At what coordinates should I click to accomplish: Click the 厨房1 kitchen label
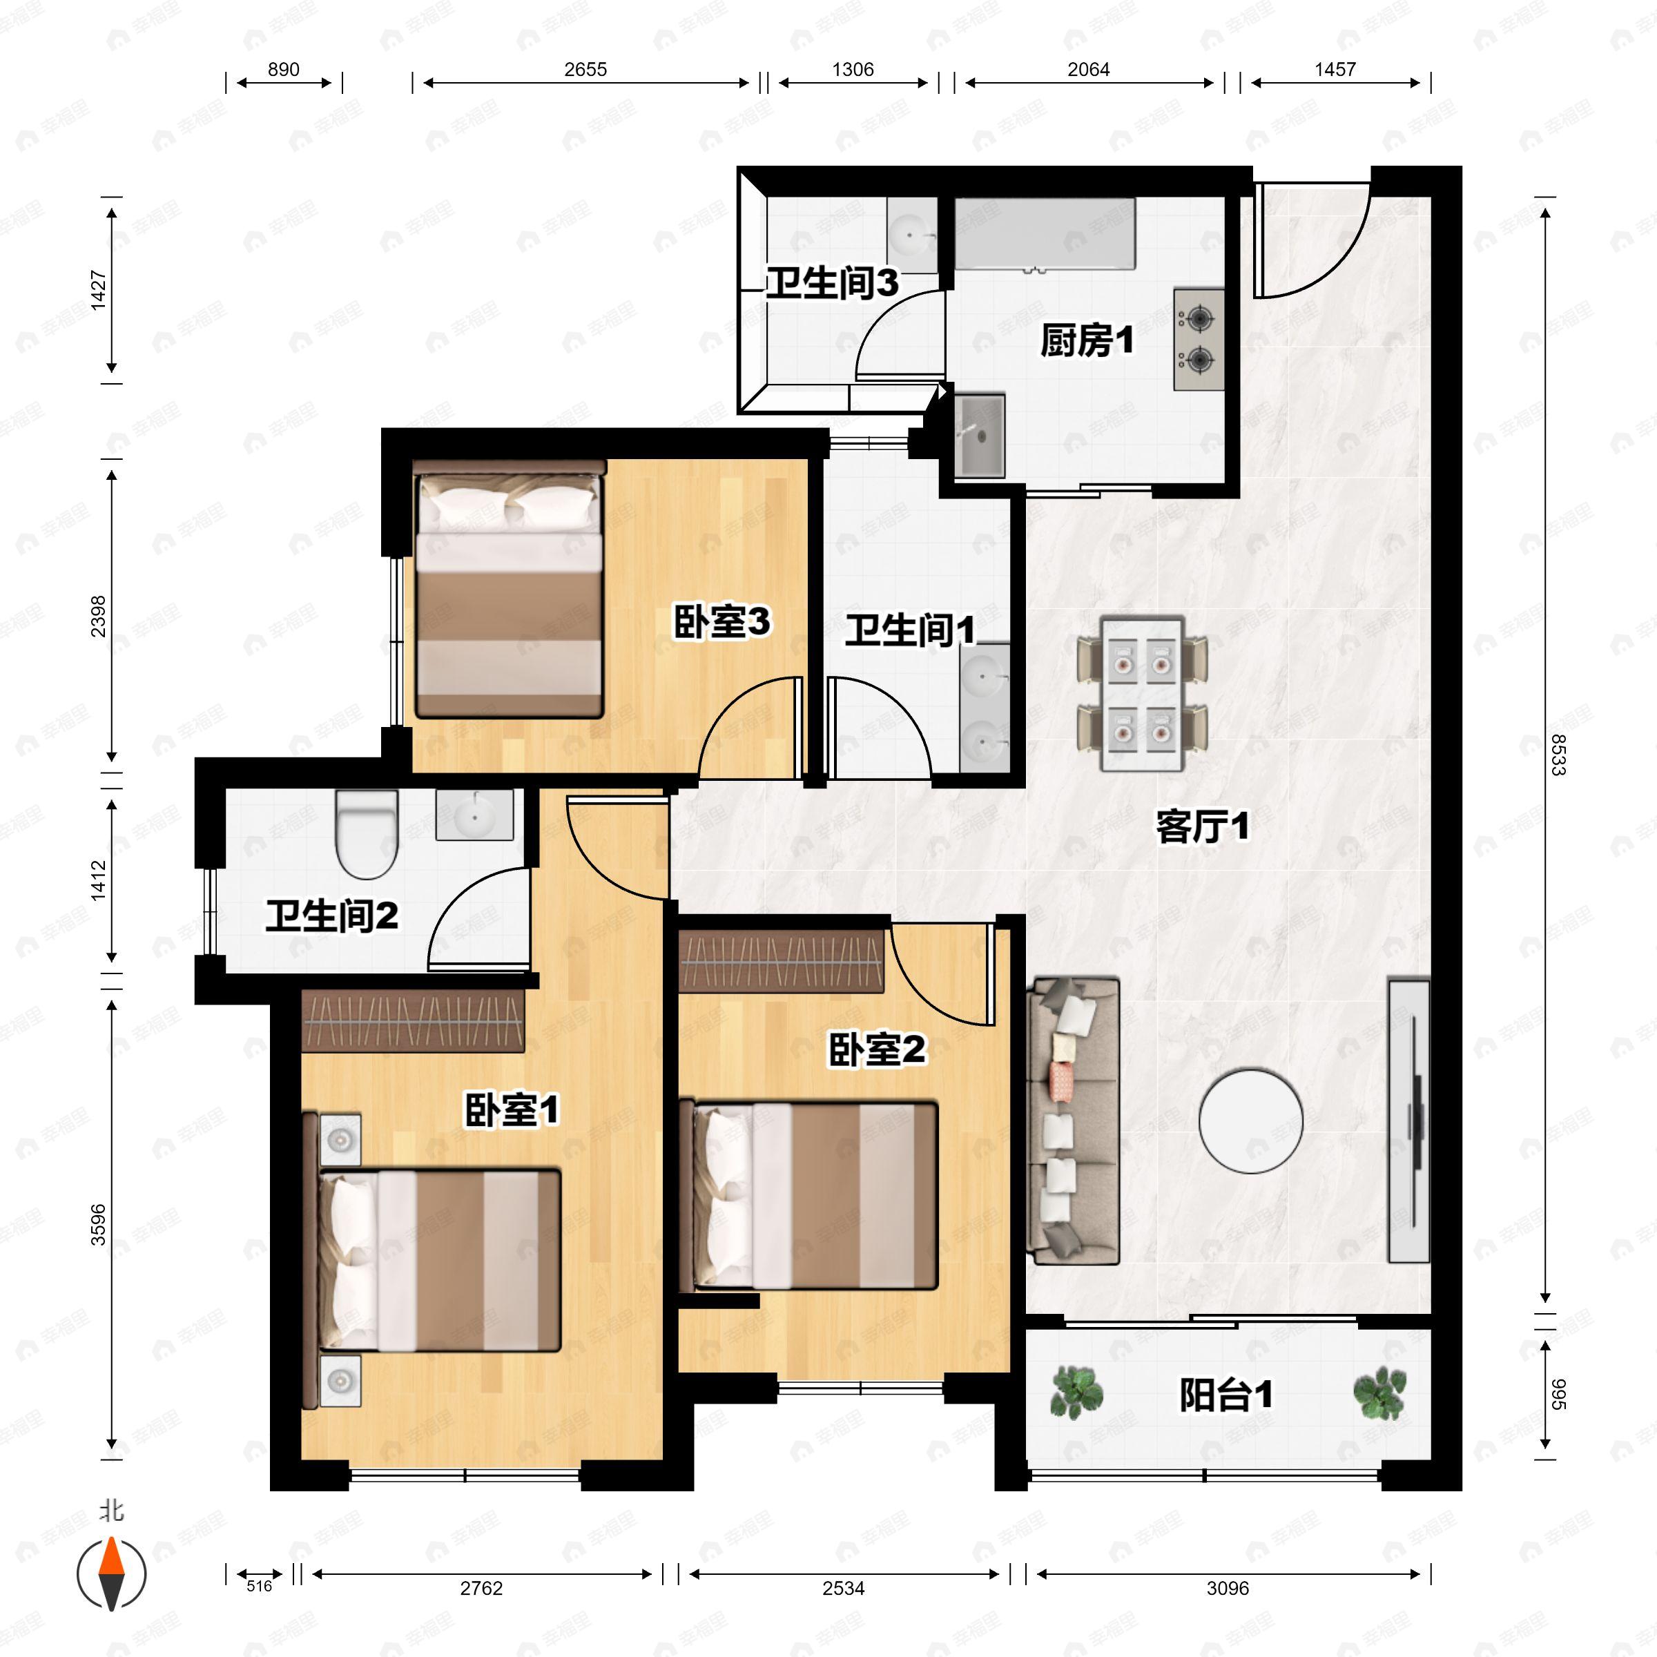pos(1087,340)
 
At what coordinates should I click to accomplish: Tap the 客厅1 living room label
pos(1203,827)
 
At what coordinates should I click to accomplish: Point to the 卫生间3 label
pos(832,282)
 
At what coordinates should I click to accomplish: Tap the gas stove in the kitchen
pos(1198,340)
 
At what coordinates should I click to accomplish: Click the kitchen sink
pos(980,435)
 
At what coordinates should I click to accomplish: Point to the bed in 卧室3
pos(510,589)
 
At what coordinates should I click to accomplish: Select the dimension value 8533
pos(1558,755)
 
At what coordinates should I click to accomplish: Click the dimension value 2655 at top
pos(585,70)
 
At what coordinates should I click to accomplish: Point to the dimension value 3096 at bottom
pos(1228,1589)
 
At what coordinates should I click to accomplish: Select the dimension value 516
pos(259,1586)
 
